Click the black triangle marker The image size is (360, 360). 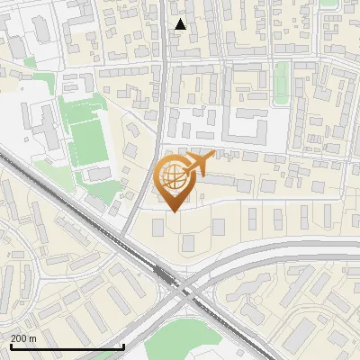point(181,24)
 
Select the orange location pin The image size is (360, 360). point(175,180)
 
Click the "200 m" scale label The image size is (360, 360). point(23,337)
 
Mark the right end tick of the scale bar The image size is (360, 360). point(123,346)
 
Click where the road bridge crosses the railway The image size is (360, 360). point(184,290)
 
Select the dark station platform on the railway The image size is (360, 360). point(163,271)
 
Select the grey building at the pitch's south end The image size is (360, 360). point(95,174)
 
